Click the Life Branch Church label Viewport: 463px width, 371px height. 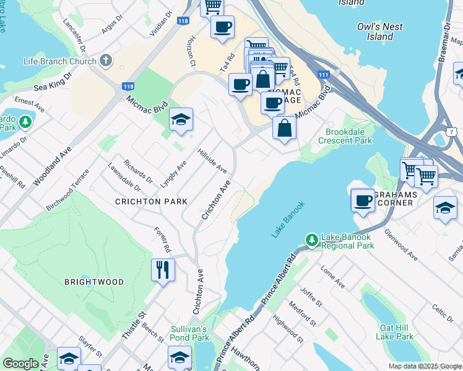(60, 61)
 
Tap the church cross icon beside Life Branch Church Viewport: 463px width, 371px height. (106, 61)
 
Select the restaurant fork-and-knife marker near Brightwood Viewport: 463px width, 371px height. (163, 270)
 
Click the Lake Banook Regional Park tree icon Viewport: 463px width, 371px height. (311, 239)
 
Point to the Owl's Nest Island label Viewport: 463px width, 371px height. (380, 32)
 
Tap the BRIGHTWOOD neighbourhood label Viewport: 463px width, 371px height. (94, 281)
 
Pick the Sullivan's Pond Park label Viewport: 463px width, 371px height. (190, 333)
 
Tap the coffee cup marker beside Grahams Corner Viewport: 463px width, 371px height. (363, 200)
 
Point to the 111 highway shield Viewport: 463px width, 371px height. (323, 74)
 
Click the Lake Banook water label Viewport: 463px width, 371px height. (288, 220)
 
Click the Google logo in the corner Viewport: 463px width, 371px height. (20, 364)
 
